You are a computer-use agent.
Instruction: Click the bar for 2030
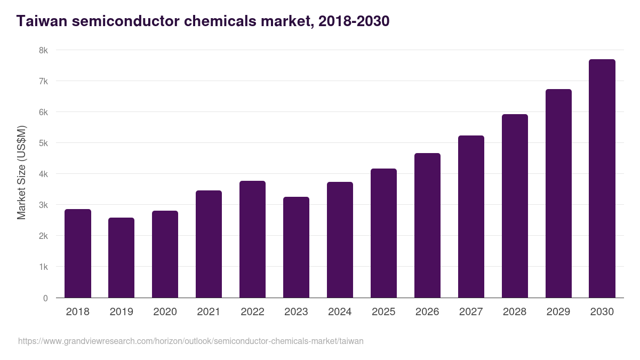point(602,179)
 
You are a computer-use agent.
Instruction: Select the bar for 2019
point(121,258)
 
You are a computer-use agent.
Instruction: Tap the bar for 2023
point(296,247)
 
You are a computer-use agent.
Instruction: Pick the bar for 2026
point(427,226)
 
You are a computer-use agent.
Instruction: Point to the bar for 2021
point(209,244)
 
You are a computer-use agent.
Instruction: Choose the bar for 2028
point(515,206)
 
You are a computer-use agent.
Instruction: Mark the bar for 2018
point(77,253)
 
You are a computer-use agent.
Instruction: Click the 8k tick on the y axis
point(43,50)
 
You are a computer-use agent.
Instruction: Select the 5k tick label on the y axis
point(43,143)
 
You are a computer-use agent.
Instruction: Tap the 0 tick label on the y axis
point(45,298)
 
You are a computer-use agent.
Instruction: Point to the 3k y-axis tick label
point(43,205)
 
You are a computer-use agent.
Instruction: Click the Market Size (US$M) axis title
point(21,173)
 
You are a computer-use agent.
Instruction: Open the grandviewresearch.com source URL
point(190,341)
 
